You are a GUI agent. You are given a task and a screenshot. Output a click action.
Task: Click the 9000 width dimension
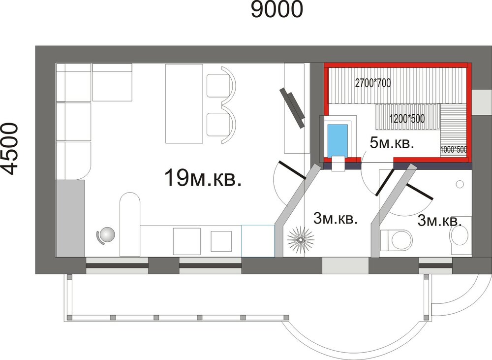[277, 9]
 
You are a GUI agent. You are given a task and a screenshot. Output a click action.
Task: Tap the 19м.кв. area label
[203, 177]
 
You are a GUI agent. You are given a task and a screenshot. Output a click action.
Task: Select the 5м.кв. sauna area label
[392, 143]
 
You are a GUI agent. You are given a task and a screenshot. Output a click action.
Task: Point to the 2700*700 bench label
[373, 83]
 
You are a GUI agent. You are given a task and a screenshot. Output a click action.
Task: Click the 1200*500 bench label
[407, 118]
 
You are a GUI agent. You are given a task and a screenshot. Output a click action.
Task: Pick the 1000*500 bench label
[454, 150]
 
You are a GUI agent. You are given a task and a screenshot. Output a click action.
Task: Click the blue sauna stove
[338, 140]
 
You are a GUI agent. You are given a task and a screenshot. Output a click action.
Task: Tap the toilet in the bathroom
[396, 241]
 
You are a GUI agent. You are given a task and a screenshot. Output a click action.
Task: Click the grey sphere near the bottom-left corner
[106, 234]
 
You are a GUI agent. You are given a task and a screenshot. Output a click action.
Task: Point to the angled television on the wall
[292, 107]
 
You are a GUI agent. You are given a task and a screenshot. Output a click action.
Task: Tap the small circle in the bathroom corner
[460, 184]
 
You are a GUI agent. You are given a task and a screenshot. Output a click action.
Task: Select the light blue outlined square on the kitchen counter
[258, 241]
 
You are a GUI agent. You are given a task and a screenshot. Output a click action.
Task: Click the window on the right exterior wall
[482, 102]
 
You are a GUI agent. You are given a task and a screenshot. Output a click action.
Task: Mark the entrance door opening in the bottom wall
[345, 265]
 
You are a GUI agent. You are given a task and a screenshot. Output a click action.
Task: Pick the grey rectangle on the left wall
[70, 218]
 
